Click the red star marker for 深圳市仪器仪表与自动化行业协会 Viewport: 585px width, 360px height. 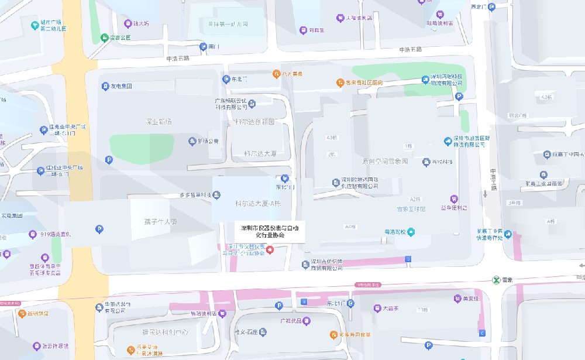click(270, 250)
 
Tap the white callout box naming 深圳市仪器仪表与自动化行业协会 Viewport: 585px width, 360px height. click(270, 231)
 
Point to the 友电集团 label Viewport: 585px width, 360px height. click(121, 86)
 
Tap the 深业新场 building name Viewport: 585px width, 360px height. click(159, 121)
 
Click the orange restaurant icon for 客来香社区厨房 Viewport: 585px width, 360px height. click(339, 83)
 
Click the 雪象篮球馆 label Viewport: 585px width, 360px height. click(411, 208)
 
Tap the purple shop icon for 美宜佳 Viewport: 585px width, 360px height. click(457, 299)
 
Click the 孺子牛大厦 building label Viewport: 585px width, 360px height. click(160, 221)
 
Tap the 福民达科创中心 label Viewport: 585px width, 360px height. click(160, 332)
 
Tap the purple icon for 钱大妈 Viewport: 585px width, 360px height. click(128, 23)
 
